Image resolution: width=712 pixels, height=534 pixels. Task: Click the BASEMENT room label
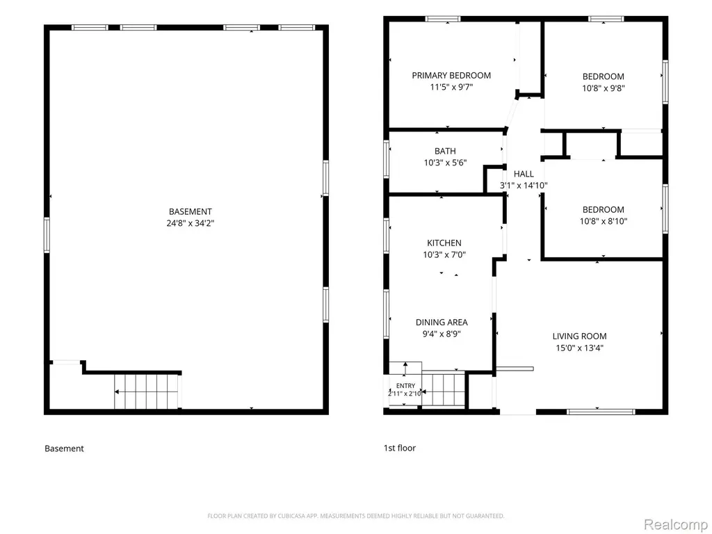[191, 211]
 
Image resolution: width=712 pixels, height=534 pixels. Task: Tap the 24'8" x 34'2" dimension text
[191, 223]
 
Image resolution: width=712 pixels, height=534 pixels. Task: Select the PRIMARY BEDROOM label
[451, 75]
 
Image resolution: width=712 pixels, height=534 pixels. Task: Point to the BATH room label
[445, 151]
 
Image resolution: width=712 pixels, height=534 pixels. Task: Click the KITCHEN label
[444, 243]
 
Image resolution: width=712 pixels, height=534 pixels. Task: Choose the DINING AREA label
[442, 323]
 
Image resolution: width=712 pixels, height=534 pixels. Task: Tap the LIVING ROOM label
[579, 337]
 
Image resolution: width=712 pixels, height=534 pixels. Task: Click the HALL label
[524, 174]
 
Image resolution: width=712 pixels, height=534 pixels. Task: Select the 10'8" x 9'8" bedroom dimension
[604, 88]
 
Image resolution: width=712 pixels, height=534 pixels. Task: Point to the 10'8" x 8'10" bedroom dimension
[604, 221]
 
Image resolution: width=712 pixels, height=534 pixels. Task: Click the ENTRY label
[405, 385]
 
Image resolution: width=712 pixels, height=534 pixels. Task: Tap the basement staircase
[146, 391]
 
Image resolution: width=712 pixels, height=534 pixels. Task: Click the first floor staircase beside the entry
[444, 389]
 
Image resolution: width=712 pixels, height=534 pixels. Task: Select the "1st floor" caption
[400, 448]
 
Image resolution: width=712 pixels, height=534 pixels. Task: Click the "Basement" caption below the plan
[64, 448]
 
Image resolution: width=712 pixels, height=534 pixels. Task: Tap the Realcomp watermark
[676, 524]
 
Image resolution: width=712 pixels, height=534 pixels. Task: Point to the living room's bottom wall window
[601, 412]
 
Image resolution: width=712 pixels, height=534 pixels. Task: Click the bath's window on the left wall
[387, 159]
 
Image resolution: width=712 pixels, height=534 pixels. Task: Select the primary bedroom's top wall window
[443, 19]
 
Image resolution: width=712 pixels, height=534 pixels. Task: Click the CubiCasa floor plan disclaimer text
[356, 516]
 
